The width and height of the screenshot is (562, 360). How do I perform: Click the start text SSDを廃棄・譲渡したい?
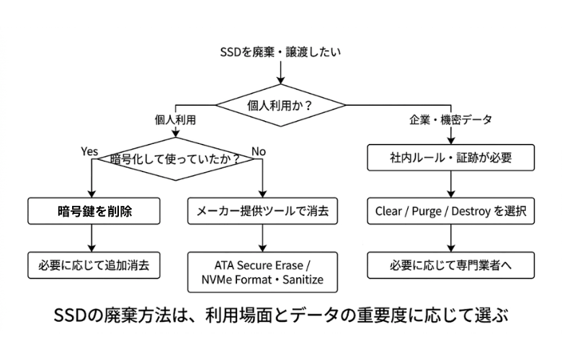tap(280, 52)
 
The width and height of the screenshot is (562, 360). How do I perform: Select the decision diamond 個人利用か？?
tap(280, 105)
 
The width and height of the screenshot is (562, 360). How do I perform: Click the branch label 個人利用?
tap(175, 120)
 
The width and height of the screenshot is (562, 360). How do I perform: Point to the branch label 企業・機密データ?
tap(452, 120)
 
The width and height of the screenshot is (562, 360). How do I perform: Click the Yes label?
tap(89, 151)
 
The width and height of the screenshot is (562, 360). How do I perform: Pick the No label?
tap(259, 151)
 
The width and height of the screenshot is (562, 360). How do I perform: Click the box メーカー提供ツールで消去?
tap(263, 212)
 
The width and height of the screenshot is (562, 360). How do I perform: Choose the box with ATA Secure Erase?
tap(263, 271)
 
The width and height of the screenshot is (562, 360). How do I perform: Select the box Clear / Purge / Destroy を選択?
tap(451, 212)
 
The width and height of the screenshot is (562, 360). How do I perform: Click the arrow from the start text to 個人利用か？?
tap(280, 73)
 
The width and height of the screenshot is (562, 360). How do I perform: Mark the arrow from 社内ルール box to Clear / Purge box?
tap(451, 185)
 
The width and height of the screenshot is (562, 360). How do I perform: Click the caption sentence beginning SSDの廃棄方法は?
tap(281, 316)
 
